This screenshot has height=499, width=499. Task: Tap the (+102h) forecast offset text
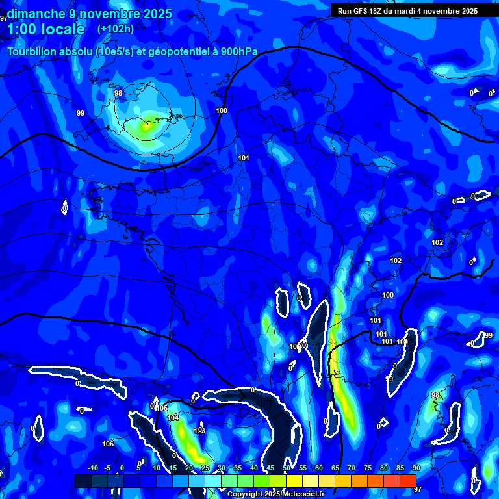pyautogui.click(x=116, y=29)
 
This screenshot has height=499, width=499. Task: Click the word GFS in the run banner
pyautogui.click(x=363, y=11)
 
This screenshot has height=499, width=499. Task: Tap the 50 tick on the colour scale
pyautogui.click(x=287, y=468)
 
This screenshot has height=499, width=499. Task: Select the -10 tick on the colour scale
pyautogui.click(x=92, y=468)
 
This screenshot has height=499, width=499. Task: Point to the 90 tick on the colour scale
pyautogui.click(x=416, y=468)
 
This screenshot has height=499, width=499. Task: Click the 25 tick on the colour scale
pyautogui.click(x=205, y=468)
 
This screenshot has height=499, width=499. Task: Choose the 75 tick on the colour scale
pyautogui.click(x=368, y=468)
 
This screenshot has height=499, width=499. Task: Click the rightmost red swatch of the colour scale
pyautogui.click(x=407, y=480)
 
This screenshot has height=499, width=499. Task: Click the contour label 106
pyautogui.click(x=108, y=444)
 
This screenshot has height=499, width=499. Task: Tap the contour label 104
pyautogui.click(x=173, y=418)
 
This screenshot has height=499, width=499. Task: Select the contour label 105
pyautogui.click(x=162, y=408)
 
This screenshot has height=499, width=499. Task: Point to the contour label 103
pyautogui.click(x=199, y=431)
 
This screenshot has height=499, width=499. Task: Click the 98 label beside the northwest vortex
pyautogui.click(x=118, y=94)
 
